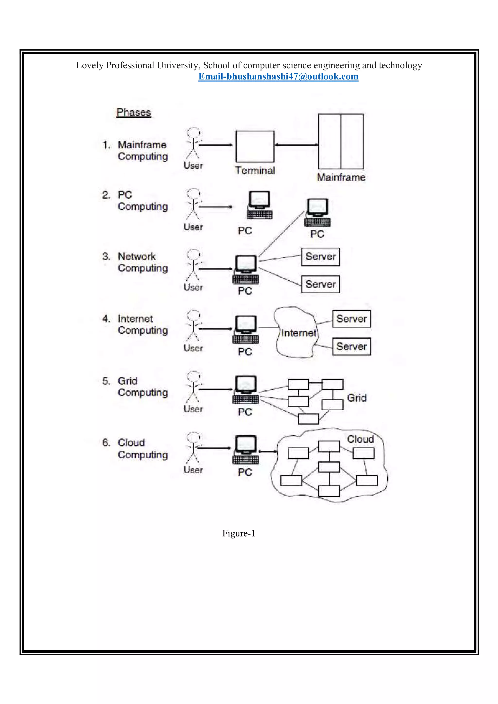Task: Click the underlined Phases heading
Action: pos(134,113)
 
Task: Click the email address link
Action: pos(278,76)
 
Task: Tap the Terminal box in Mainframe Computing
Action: pos(255,147)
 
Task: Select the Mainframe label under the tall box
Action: pos(341,177)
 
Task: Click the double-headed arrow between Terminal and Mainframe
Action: pos(296,145)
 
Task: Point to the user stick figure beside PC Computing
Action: pos(193,204)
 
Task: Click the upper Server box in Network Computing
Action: pos(320,257)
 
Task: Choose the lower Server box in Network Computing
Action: pos(320,284)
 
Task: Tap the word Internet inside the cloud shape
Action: pos(299,333)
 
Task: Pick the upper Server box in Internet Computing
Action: pos(351,319)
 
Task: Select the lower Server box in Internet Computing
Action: pos(351,346)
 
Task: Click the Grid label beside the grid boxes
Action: pos(357,398)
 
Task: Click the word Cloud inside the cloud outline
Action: pos(360,439)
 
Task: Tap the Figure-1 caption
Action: pos(239,534)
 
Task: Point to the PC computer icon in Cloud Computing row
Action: pos(246,449)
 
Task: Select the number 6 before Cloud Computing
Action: pos(106,442)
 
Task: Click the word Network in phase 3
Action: pos(137,256)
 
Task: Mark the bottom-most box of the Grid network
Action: pos(308,419)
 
